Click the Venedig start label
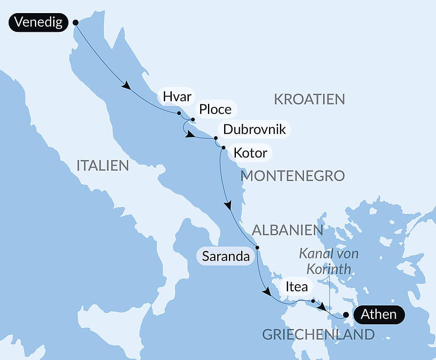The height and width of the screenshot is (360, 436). [x=38, y=22]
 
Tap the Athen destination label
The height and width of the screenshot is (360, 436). [x=379, y=314]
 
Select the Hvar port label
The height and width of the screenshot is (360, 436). [x=176, y=96]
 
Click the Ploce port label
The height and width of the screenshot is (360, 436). [x=215, y=109]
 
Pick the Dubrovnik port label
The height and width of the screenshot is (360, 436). [x=254, y=129]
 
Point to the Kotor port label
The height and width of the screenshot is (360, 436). [x=250, y=153]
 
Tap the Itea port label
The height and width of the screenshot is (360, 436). [x=296, y=287]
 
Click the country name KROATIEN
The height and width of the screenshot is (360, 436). [x=309, y=99]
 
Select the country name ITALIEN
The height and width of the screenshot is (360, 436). [x=102, y=165]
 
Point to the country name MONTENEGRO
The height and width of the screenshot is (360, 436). [x=293, y=176]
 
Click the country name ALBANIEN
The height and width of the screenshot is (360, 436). [x=287, y=230]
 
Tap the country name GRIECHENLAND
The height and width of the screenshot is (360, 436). [x=318, y=334]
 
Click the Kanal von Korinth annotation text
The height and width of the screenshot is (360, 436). [x=329, y=261]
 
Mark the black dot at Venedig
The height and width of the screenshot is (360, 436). [x=75, y=22]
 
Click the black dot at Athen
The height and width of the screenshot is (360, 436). [x=346, y=315]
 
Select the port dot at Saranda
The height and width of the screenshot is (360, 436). [x=257, y=248]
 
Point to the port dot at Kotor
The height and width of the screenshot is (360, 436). [x=223, y=148]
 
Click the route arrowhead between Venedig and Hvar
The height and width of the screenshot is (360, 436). [x=126, y=86]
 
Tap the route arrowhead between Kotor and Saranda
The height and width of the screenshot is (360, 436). [x=228, y=205]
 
